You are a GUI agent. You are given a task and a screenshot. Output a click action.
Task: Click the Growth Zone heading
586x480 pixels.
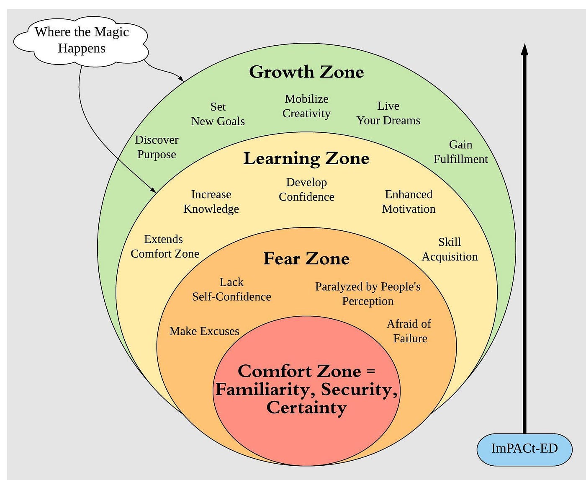coord(306,72)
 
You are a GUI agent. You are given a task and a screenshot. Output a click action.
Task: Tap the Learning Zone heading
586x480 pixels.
coord(306,158)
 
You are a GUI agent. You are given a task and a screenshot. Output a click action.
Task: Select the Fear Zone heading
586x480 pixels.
coord(306,258)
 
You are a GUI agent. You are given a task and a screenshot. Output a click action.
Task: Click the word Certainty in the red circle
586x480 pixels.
coord(306,408)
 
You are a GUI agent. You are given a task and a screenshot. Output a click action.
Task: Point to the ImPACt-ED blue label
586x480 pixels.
coord(524,449)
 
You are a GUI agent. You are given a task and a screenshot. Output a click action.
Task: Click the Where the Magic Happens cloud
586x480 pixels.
coord(82,40)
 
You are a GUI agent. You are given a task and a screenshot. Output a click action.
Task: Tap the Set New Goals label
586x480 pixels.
coord(218,114)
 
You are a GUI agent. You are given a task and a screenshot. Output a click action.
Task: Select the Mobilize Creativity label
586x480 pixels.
coord(306,106)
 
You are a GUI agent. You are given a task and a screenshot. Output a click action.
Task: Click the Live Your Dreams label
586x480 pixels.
coord(388,113)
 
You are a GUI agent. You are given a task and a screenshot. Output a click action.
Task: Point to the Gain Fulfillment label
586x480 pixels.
coord(460,152)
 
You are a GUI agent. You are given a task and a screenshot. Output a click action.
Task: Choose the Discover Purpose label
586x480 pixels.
coord(157,147)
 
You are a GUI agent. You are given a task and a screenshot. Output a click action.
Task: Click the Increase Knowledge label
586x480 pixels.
coord(211,201)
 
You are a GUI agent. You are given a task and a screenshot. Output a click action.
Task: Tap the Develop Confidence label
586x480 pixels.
coord(306,189)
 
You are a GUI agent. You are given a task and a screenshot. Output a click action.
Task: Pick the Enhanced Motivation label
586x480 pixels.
coord(409,201)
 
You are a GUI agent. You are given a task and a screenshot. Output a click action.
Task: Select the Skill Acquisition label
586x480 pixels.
coord(450,249)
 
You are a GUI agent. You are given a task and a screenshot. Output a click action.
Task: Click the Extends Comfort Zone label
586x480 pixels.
coord(164,246)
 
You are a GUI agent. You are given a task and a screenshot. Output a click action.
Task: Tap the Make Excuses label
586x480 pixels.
coord(204,331)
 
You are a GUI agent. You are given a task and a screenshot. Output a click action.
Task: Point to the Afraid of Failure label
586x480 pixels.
coord(409,331)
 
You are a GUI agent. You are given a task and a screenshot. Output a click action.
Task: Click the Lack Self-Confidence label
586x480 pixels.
coord(231,289)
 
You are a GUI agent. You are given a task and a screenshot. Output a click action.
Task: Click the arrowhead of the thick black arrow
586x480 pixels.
coord(524,49)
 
